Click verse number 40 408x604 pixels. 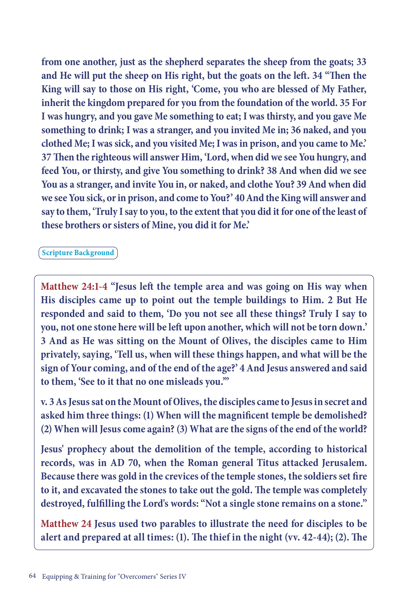(239, 198)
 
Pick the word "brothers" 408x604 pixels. (82, 225)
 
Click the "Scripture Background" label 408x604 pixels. (78, 253)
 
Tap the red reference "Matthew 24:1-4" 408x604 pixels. (74, 286)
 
